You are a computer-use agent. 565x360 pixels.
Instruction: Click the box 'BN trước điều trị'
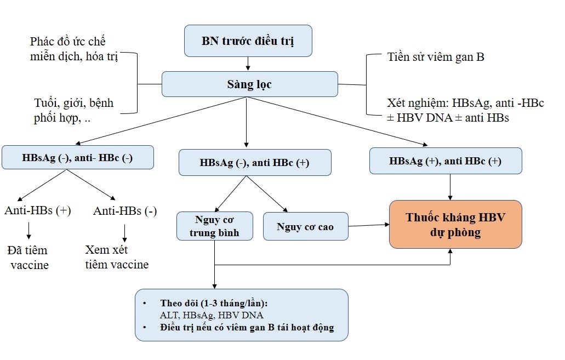click(248, 41)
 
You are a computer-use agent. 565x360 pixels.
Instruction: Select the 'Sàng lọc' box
click(249, 84)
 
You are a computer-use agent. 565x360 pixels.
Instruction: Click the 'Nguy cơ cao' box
click(305, 226)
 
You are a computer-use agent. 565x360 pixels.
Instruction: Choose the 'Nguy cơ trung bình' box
click(215, 226)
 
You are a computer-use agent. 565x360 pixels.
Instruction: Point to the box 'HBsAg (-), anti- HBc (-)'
click(77, 157)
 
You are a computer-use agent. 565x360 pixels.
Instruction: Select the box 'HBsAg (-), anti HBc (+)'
click(255, 162)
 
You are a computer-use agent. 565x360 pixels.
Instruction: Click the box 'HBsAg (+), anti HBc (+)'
click(446, 161)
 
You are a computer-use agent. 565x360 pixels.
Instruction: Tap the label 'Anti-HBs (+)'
click(38, 210)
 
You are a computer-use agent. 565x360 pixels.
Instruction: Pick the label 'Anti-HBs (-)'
click(125, 211)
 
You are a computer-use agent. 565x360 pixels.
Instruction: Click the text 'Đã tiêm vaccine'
click(28, 258)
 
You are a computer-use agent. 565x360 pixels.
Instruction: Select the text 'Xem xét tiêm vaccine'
click(117, 257)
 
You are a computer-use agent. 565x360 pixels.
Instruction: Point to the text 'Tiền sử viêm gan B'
click(435, 57)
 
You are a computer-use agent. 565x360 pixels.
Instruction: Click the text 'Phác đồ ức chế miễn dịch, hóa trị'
click(74, 49)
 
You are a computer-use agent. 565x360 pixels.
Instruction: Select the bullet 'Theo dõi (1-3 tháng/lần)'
click(217, 303)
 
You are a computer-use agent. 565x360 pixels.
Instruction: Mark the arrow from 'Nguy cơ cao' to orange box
click(368, 225)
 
